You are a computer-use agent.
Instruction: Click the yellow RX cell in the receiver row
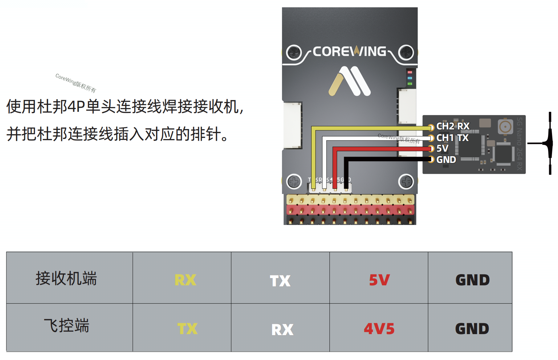point(185,280)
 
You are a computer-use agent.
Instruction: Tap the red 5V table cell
point(379,280)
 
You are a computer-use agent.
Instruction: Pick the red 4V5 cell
point(379,329)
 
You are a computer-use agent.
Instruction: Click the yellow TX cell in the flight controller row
point(187,329)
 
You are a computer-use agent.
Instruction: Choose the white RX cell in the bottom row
point(282,329)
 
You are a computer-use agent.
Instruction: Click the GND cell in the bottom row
point(472,329)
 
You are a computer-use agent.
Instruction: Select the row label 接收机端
point(66,278)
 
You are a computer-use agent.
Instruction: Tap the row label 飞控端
point(66,325)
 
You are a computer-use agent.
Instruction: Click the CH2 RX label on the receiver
point(453,126)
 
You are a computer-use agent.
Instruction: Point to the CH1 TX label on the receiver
point(452,138)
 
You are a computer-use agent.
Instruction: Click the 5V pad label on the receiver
point(442,148)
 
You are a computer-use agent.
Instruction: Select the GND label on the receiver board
point(446,160)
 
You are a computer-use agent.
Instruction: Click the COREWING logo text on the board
point(350,52)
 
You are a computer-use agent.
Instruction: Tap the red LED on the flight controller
point(410,72)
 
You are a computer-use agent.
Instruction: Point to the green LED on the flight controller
point(410,84)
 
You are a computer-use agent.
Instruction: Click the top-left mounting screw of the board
point(294,52)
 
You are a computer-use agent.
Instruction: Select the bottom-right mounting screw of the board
point(406,181)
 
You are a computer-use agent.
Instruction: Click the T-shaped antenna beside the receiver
point(549,143)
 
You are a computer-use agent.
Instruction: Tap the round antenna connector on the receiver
point(505,127)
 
